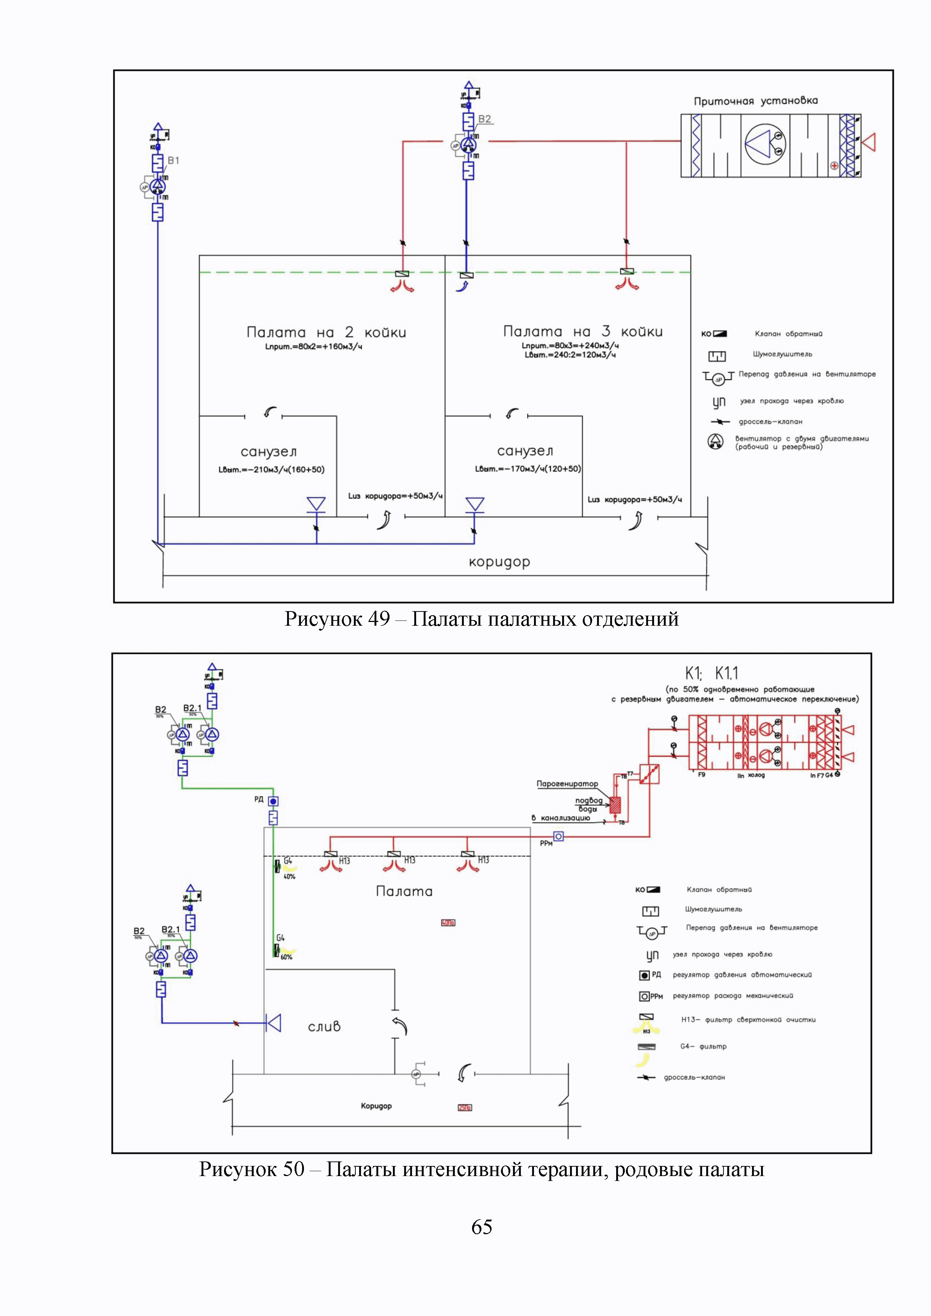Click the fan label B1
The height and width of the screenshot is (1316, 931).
[x=173, y=161]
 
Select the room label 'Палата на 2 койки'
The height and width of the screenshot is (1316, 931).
[x=326, y=332]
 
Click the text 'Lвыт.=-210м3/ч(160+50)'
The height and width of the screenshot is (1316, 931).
[x=271, y=469]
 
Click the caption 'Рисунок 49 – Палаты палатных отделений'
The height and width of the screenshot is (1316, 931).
[x=481, y=619]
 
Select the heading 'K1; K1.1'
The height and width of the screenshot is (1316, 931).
[x=711, y=673]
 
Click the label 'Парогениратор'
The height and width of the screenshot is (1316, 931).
[x=567, y=784]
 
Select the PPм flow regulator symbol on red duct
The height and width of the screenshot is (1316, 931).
[x=558, y=836]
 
